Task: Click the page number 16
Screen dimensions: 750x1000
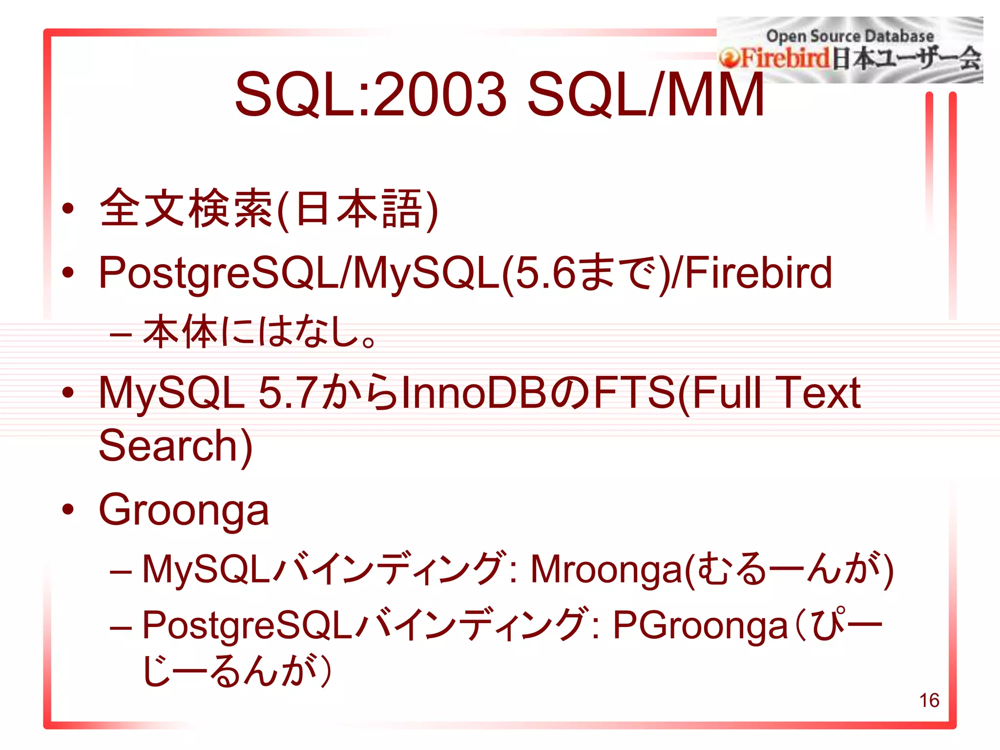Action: [929, 700]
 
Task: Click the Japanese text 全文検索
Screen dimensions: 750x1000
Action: [186, 208]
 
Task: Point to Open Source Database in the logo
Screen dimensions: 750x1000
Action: [850, 36]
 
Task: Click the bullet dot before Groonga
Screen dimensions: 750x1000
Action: [68, 509]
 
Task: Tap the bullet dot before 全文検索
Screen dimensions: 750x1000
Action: [68, 208]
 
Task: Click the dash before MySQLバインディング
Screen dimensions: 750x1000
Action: [121, 571]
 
